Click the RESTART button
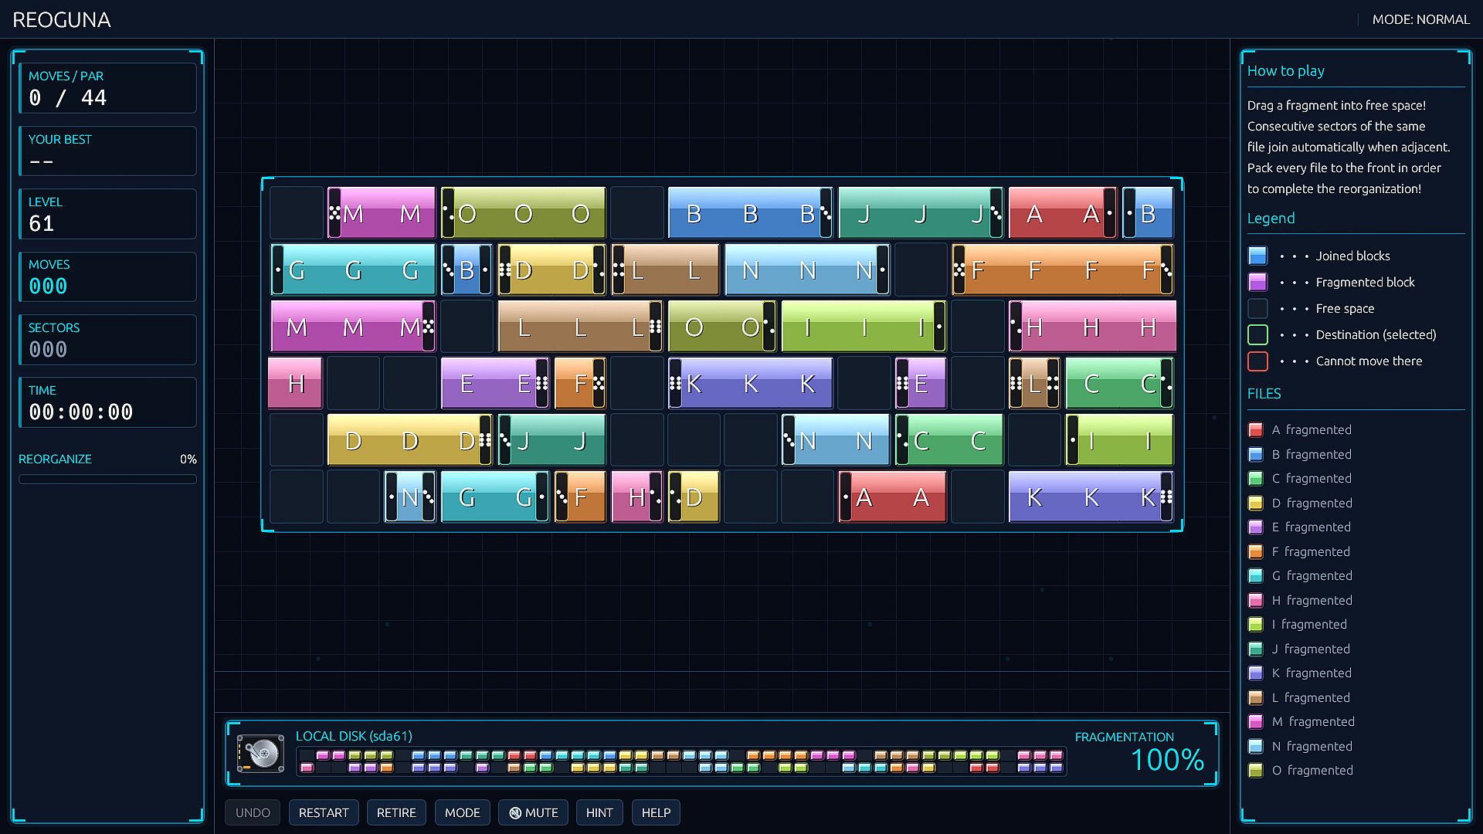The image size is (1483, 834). (324, 812)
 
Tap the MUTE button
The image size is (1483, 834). (533, 812)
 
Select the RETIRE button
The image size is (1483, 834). (396, 812)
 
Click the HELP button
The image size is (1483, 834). (656, 812)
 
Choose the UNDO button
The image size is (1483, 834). (253, 812)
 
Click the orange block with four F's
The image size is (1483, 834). (1063, 270)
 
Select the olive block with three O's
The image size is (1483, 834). (523, 212)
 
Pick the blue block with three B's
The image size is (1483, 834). (750, 212)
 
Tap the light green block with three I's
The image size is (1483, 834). (864, 327)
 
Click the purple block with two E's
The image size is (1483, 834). (495, 383)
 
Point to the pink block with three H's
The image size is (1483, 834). (1092, 327)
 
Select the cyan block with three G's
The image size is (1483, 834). (353, 270)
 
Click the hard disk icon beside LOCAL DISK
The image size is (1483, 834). (261, 754)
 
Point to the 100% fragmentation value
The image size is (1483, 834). (1167, 760)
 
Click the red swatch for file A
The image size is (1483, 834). (1256, 430)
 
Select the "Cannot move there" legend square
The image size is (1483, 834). (1257, 361)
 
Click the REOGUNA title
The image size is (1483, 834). (62, 20)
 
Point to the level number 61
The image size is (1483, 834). (42, 224)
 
